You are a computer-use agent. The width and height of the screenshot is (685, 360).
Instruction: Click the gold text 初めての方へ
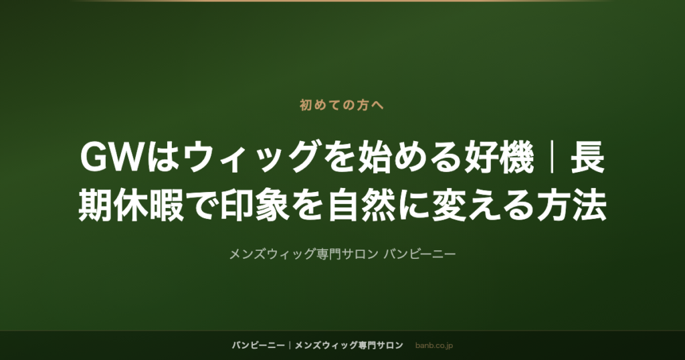pyautogui.click(x=342, y=105)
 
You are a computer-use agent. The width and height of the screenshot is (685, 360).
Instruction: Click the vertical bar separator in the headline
pyautogui.click(x=553, y=158)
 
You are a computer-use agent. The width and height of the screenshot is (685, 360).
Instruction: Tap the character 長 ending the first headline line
pyautogui.click(x=588, y=158)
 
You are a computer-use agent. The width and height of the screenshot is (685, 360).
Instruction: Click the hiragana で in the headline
pyautogui.click(x=201, y=206)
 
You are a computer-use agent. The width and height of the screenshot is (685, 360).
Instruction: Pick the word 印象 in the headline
pyautogui.click(x=255, y=206)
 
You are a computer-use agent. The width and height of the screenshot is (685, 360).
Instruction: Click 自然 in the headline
pyautogui.click(x=363, y=206)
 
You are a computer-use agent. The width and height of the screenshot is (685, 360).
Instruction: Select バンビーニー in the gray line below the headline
pyautogui.click(x=420, y=254)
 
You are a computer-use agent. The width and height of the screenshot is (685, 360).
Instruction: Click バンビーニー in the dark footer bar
pyautogui.click(x=258, y=345)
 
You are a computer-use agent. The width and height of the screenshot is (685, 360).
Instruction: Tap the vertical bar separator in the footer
pyautogui.click(x=290, y=345)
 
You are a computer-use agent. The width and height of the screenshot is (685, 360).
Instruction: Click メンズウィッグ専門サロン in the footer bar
pyautogui.click(x=349, y=345)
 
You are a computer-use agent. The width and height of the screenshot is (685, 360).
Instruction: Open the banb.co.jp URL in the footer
pyautogui.click(x=433, y=345)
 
